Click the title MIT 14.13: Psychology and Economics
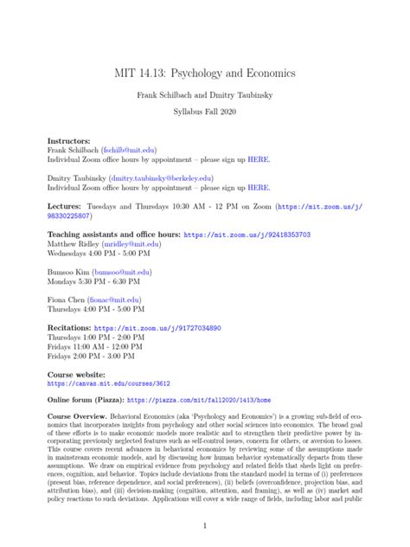205,74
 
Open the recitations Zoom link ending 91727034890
157,329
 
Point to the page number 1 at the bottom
205,525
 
